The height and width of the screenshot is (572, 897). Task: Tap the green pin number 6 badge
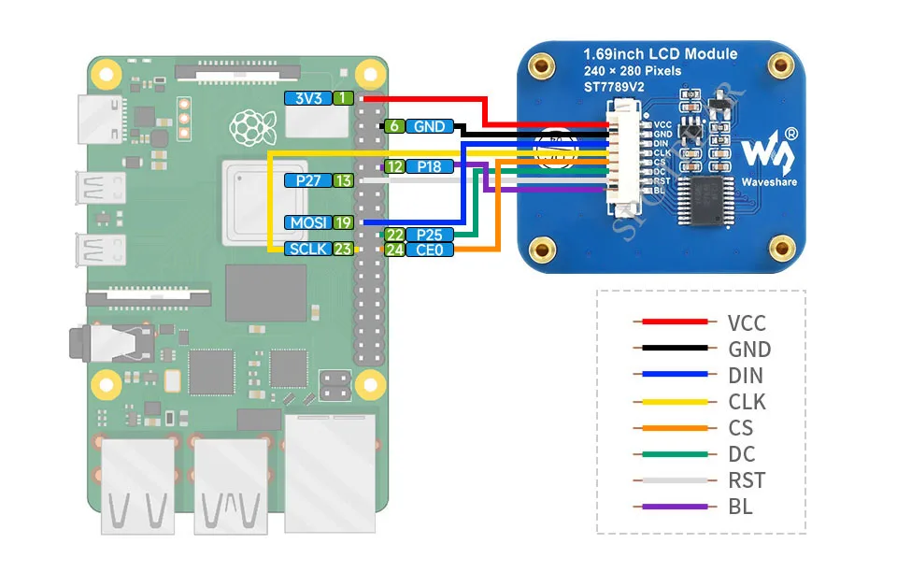(394, 126)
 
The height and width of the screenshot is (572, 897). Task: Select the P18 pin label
(429, 166)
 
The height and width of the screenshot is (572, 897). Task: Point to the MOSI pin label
(308, 222)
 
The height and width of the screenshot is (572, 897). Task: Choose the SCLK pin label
(308, 249)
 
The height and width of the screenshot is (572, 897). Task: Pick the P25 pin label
(429, 235)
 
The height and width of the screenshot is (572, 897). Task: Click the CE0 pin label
(429, 250)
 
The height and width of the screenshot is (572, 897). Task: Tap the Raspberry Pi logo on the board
(248, 126)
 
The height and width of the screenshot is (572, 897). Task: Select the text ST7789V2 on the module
(616, 87)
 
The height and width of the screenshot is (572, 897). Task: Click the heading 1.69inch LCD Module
(660, 53)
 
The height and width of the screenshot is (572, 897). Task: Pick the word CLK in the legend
(747, 402)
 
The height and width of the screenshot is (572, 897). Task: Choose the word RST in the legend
(747, 480)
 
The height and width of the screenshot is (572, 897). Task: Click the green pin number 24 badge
(394, 250)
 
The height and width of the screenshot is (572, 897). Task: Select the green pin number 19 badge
(344, 222)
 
